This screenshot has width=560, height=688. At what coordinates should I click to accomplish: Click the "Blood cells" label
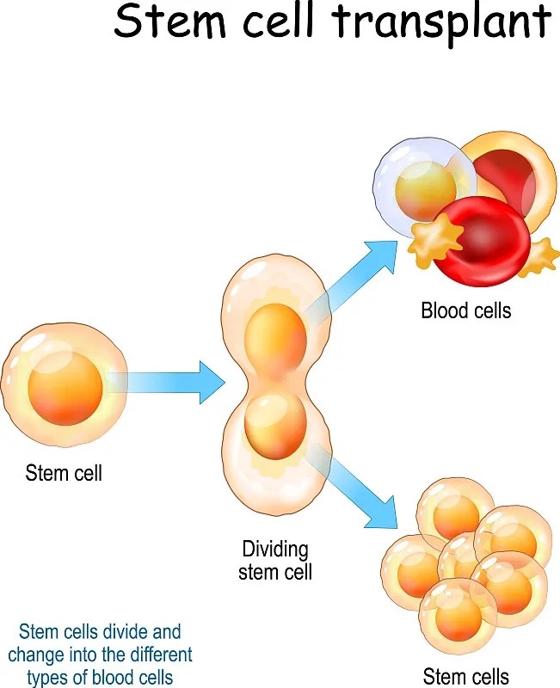pyautogui.click(x=465, y=310)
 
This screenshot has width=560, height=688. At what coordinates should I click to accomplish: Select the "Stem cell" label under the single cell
pyautogui.click(x=64, y=472)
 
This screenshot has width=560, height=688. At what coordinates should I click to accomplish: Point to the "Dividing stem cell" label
pyautogui.click(x=274, y=560)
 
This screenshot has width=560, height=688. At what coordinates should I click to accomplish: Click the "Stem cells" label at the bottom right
pyautogui.click(x=465, y=676)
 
